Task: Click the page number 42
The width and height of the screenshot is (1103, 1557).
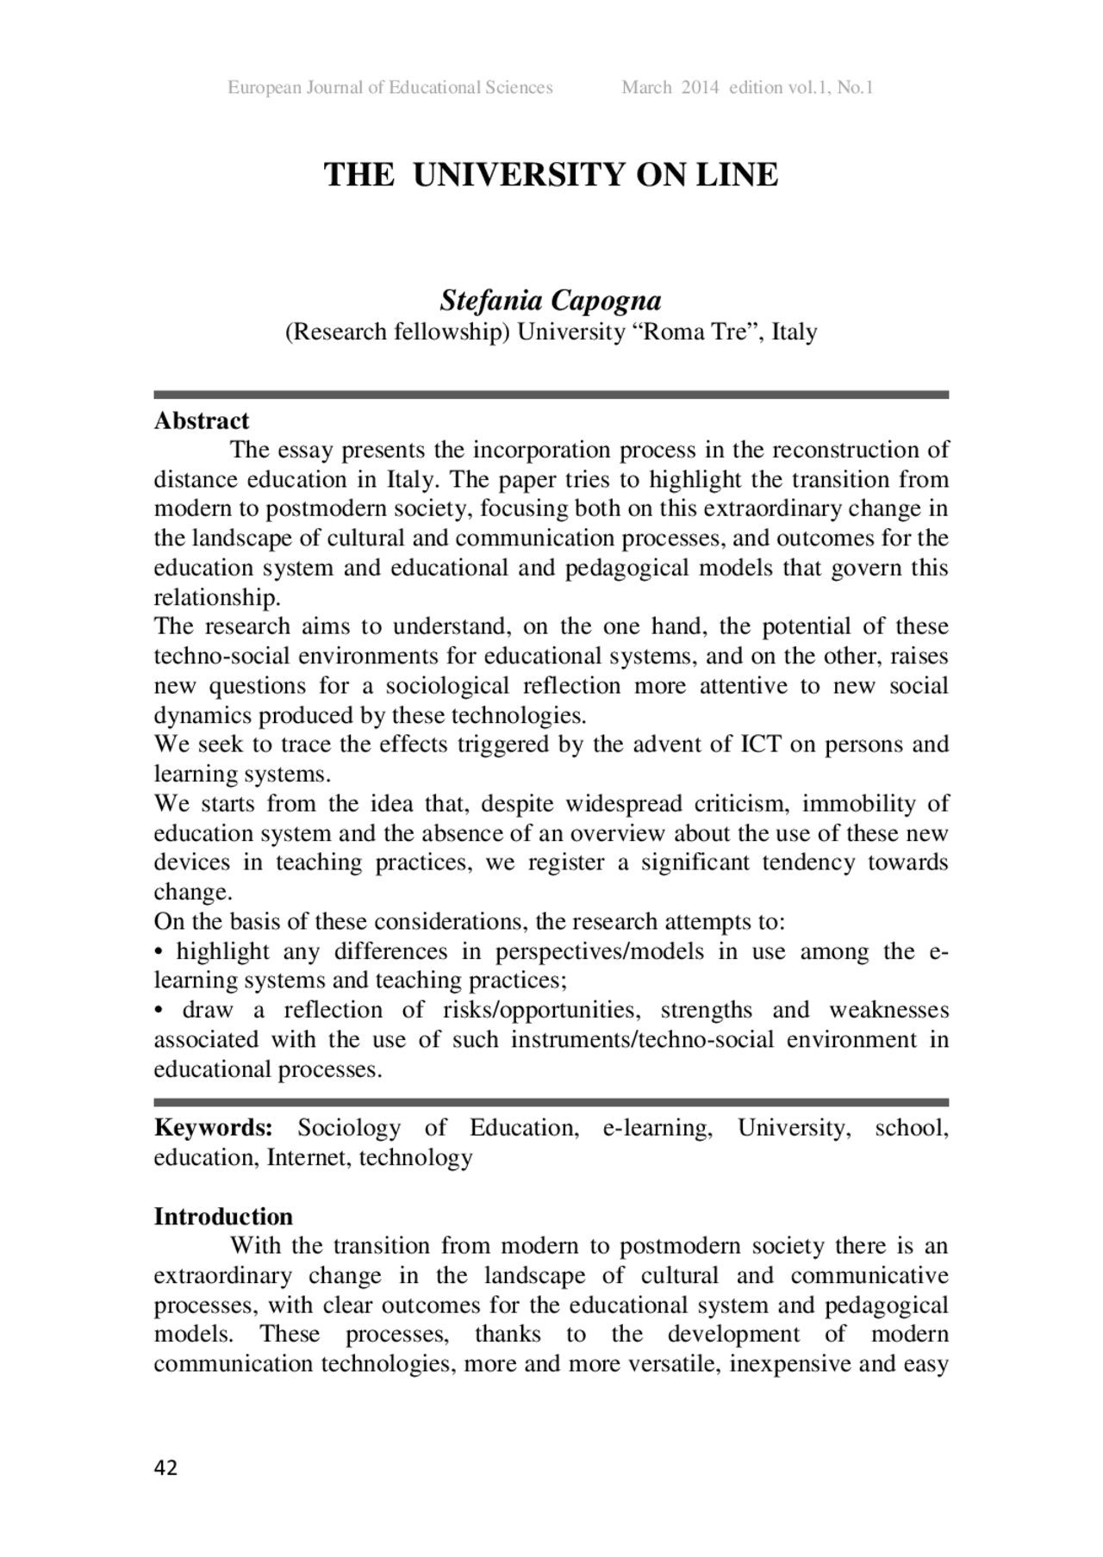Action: tap(165, 1467)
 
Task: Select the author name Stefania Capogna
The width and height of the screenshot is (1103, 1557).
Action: tap(551, 301)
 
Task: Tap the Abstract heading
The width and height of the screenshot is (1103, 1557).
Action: tap(201, 420)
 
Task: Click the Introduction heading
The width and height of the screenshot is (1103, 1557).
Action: tap(223, 1217)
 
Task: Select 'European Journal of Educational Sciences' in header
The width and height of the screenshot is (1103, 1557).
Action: tap(389, 87)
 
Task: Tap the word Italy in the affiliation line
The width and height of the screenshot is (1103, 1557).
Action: tap(794, 332)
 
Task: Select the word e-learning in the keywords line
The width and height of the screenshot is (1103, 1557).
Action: tap(657, 1128)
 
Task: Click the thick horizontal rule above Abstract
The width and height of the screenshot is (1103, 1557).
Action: tap(551, 395)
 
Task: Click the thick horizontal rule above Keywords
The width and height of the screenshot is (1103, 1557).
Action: tap(551, 1102)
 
